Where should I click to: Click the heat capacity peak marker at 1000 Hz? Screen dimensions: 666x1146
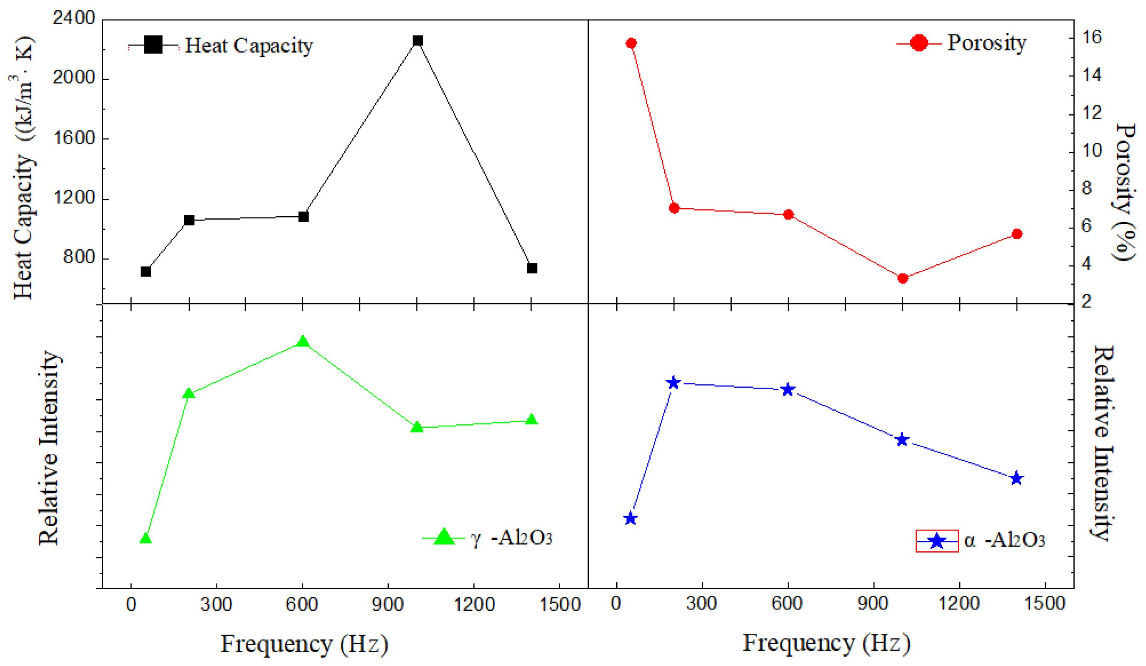(x=418, y=41)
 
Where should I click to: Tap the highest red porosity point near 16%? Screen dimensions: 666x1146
(x=631, y=43)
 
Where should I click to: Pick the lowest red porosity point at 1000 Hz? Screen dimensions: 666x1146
(x=903, y=278)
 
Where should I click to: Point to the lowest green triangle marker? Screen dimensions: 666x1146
(x=146, y=539)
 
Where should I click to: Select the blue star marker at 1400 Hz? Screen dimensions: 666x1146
(x=1017, y=478)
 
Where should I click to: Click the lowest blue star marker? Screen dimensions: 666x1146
(x=630, y=519)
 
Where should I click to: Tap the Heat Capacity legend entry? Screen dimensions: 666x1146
(x=221, y=45)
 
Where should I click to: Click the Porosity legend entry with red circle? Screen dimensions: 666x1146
(x=961, y=43)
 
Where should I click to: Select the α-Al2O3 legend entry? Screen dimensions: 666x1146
(x=980, y=540)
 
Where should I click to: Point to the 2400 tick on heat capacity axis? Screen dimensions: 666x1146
(x=74, y=18)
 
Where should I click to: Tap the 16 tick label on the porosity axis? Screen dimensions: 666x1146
(x=1091, y=37)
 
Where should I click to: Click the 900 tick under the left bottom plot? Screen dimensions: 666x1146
(x=388, y=604)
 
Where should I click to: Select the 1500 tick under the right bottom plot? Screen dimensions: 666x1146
(x=1045, y=604)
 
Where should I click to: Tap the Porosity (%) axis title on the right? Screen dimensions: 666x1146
(x=1125, y=191)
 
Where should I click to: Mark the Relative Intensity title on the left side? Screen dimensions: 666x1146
(x=49, y=448)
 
